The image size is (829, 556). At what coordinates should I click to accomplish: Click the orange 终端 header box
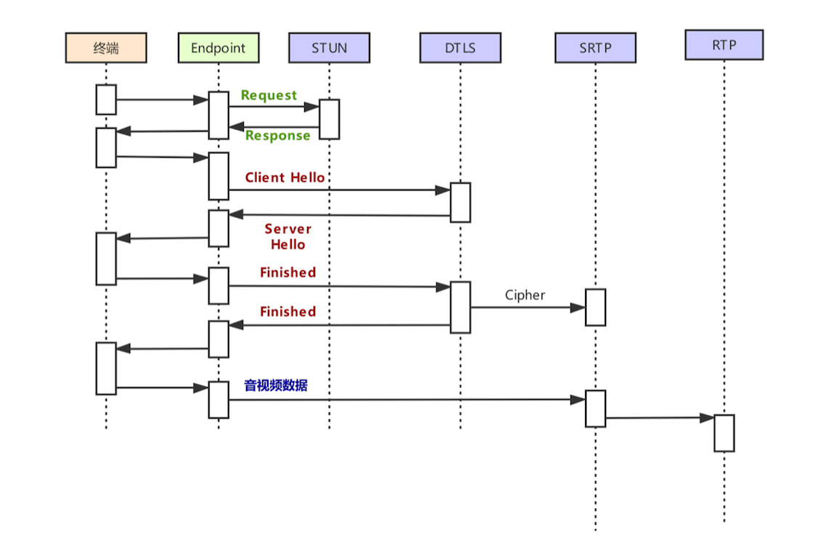pyautogui.click(x=106, y=48)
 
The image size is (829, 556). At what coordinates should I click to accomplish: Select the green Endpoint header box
pyautogui.click(x=219, y=48)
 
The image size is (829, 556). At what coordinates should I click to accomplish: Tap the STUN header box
pyautogui.click(x=329, y=48)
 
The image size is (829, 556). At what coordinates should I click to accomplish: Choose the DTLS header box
pyautogui.click(x=460, y=48)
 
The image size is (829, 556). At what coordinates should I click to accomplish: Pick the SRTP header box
pyautogui.click(x=595, y=48)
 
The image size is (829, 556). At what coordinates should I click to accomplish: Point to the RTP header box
pyautogui.click(x=724, y=44)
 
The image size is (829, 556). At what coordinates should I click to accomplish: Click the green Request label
pyautogui.click(x=269, y=95)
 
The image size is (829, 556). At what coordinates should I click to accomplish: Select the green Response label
pyautogui.click(x=277, y=135)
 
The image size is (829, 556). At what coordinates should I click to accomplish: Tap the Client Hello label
pyautogui.click(x=285, y=177)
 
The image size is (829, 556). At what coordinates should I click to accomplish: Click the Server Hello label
pyautogui.click(x=287, y=237)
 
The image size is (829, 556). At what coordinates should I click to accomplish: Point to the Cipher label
pyautogui.click(x=525, y=295)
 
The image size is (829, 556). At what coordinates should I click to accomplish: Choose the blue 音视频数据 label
pyautogui.click(x=275, y=385)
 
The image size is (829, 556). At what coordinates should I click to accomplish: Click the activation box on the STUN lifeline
pyautogui.click(x=330, y=119)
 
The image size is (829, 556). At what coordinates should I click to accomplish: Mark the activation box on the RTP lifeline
pyautogui.click(x=724, y=432)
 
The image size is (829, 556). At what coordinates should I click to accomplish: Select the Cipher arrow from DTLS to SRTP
pyautogui.click(x=527, y=307)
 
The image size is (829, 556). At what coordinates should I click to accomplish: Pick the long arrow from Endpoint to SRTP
pyautogui.click(x=407, y=400)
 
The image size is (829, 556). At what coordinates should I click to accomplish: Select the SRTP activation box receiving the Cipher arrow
pyautogui.click(x=595, y=307)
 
